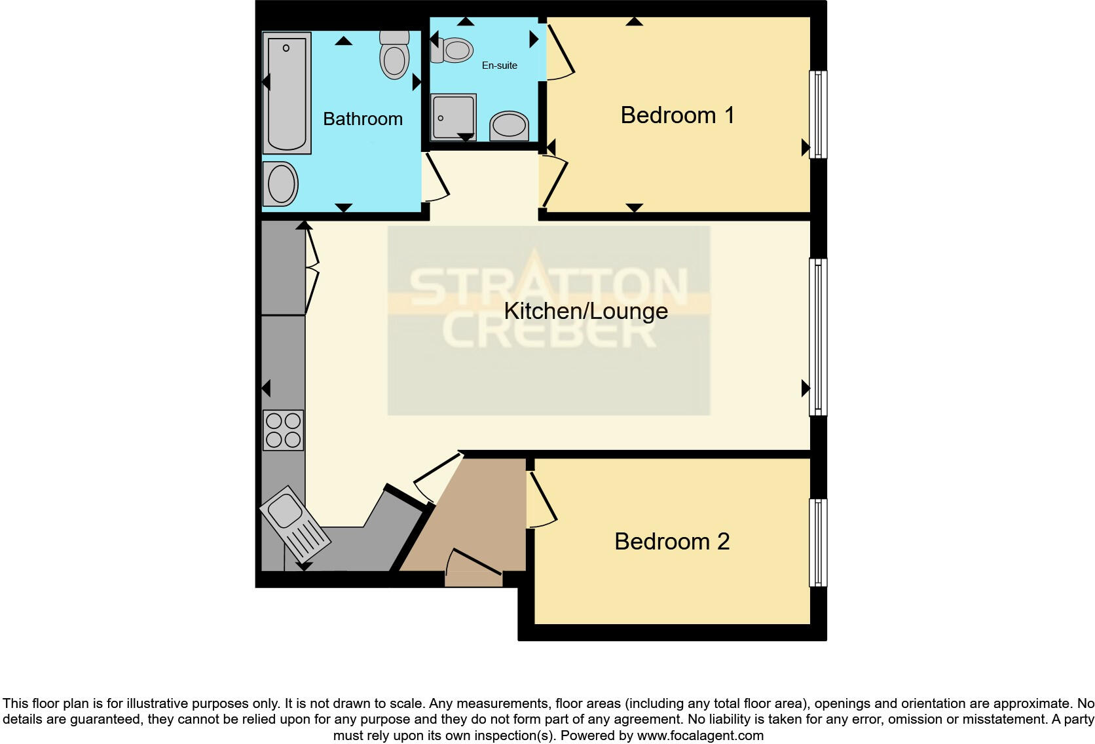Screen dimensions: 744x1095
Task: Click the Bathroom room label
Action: click(362, 119)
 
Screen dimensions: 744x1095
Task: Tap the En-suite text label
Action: click(499, 65)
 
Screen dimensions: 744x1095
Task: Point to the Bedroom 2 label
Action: click(671, 542)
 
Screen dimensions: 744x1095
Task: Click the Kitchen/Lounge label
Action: click(585, 311)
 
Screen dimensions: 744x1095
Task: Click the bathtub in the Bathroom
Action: click(287, 93)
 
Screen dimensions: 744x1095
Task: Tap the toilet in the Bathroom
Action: click(394, 55)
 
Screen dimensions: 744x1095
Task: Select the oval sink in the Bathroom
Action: click(281, 184)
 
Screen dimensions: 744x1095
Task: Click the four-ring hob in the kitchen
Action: click(283, 430)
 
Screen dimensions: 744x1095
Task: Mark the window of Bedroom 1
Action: click(818, 115)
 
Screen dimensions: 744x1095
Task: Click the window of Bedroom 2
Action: click(818, 543)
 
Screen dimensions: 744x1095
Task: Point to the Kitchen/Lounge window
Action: click(818, 337)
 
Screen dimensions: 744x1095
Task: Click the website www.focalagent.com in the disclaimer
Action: click(700, 735)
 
